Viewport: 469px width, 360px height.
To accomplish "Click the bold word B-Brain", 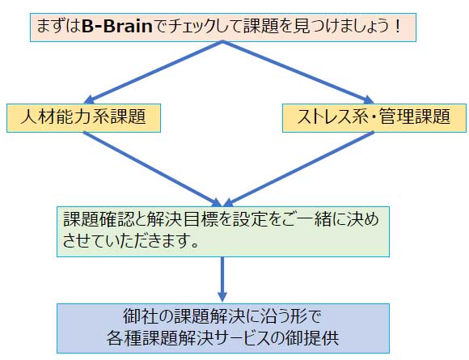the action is pyautogui.click(x=117, y=27).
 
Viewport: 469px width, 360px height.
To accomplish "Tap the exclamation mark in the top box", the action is pyautogui.click(x=398, y=27).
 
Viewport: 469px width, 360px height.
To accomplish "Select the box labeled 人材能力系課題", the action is pyautogui.click(x=83, y=118).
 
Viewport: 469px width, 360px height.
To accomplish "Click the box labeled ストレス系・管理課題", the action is pyautogui.click(x=374, y=118).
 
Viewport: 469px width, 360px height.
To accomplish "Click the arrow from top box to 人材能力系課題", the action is pyautogui.click(x=153, y=72).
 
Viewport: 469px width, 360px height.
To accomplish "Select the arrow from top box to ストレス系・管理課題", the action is pyautogui.click(x=298, y=72).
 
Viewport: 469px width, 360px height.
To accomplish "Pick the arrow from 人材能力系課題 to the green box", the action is pyautogui.click(x=153, y=169).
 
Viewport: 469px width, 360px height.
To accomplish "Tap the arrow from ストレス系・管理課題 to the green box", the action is pyautogui.click(x=298, y=169).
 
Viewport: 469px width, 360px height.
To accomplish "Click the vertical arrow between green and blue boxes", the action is pyautogui.click(x=222, y=279).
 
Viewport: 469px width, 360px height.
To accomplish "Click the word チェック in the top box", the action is pyautogui.click(x=192, y=27).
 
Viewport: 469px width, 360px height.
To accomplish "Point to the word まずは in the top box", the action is pyautogui.click(x=58, y=27).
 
